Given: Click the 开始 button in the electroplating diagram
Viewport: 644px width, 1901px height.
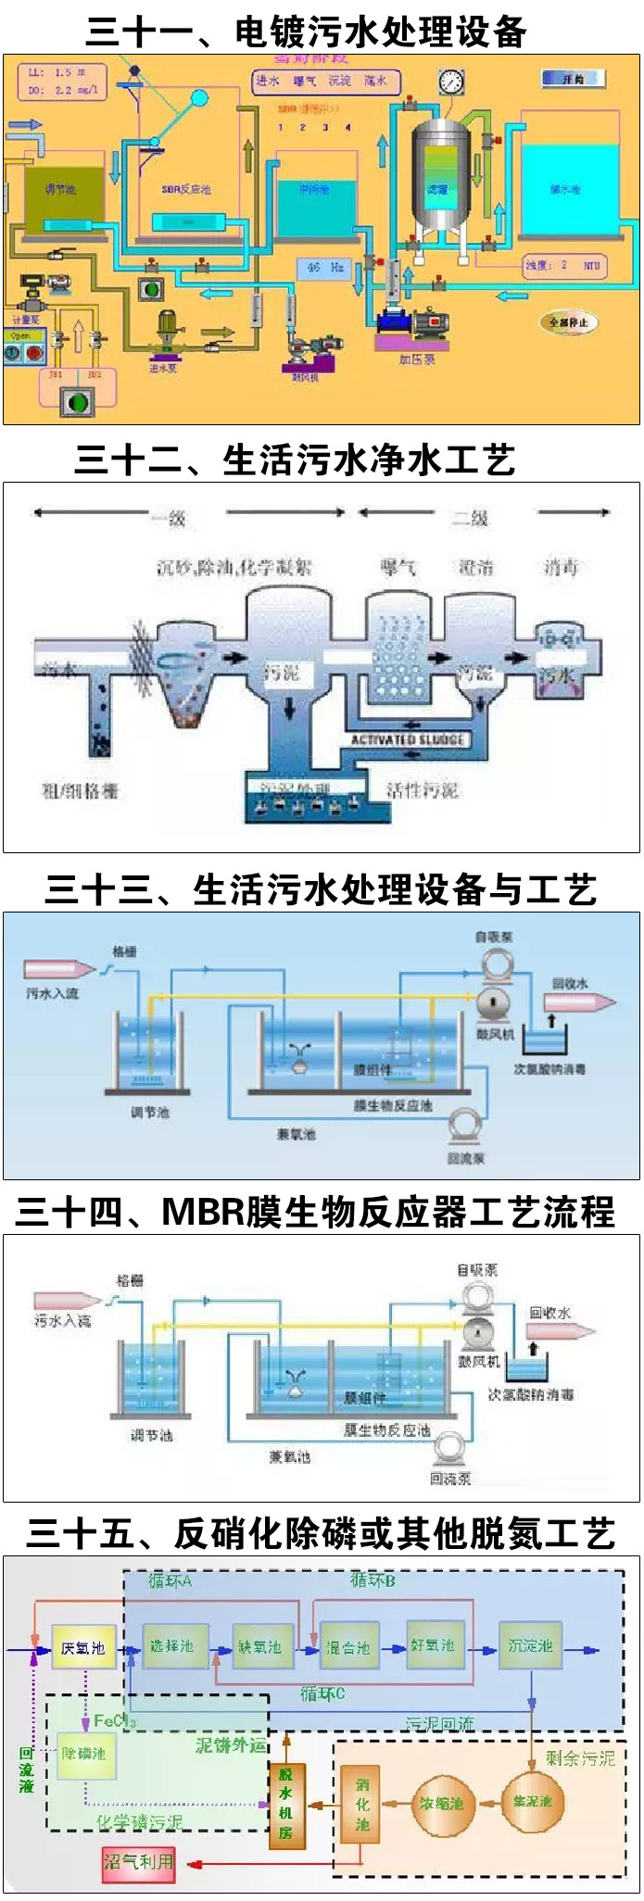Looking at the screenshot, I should coord(573,80).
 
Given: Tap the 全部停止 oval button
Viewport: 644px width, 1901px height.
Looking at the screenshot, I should coord(568,322).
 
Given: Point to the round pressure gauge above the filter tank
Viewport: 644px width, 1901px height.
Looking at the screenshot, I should coord(451,82).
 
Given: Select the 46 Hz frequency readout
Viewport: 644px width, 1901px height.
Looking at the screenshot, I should coord(325,268).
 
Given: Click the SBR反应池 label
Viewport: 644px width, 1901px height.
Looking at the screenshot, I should coord(185,189).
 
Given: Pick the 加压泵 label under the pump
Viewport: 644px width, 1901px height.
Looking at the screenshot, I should coord(417,359).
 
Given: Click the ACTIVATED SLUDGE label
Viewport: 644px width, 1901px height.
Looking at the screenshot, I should coord(408,739).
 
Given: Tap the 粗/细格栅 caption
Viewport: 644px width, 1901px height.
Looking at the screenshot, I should coord(81,790).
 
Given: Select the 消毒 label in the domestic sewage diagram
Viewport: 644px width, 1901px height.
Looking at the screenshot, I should coord(561,567).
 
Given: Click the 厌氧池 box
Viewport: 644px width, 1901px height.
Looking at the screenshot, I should coord(83,1647).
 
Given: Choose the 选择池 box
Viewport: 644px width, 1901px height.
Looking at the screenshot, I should coord(173,1646).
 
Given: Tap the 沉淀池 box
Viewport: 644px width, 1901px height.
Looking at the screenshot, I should coord(530,1646).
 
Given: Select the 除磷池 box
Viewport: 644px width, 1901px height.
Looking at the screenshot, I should coord(85,1754).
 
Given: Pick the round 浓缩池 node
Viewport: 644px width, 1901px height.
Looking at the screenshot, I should coord(441,1803).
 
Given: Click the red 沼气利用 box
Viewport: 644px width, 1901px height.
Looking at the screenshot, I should coord(138,1861).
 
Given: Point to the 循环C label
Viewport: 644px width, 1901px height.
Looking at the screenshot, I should coord(322,1693).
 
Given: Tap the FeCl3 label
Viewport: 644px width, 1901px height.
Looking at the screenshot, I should coord(115,1721).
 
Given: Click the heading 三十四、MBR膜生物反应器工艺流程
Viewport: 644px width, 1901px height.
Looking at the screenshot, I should coord(315,1212).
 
